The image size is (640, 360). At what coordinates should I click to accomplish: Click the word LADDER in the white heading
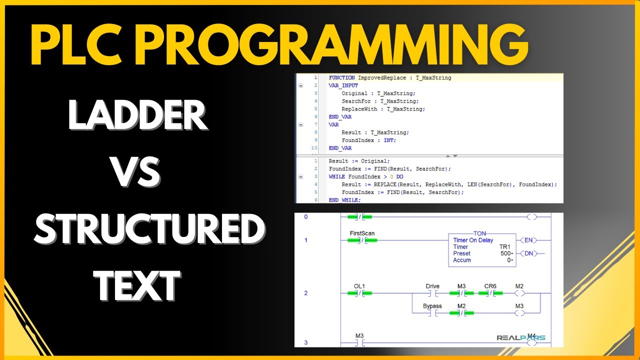(x=137, y=116)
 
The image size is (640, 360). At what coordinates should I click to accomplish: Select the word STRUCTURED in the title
(x=149, y=229)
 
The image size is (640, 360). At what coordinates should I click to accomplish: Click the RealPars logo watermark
(x=520, y=337)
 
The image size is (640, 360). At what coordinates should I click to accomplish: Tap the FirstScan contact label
(x=362, y=233)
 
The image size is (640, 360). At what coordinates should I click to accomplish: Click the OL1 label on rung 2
(x=359, y=286)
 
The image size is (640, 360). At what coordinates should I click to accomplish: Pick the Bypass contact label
(x=432, y=306)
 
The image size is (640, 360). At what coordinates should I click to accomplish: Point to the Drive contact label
(x=432, y=286)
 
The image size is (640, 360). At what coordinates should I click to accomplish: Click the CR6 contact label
(x=490, y=286)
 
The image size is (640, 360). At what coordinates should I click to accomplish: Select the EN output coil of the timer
(x=528, y=240)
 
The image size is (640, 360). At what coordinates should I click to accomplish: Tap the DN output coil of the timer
(x=528, y=253)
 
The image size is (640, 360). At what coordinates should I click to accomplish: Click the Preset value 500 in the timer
(x=505, y=253)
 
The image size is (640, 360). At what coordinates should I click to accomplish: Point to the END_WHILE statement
(x=344, y=200)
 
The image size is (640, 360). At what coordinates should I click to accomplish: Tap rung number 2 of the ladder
(x=306, y=293)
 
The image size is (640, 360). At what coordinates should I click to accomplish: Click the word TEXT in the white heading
(x=137, y=286)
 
